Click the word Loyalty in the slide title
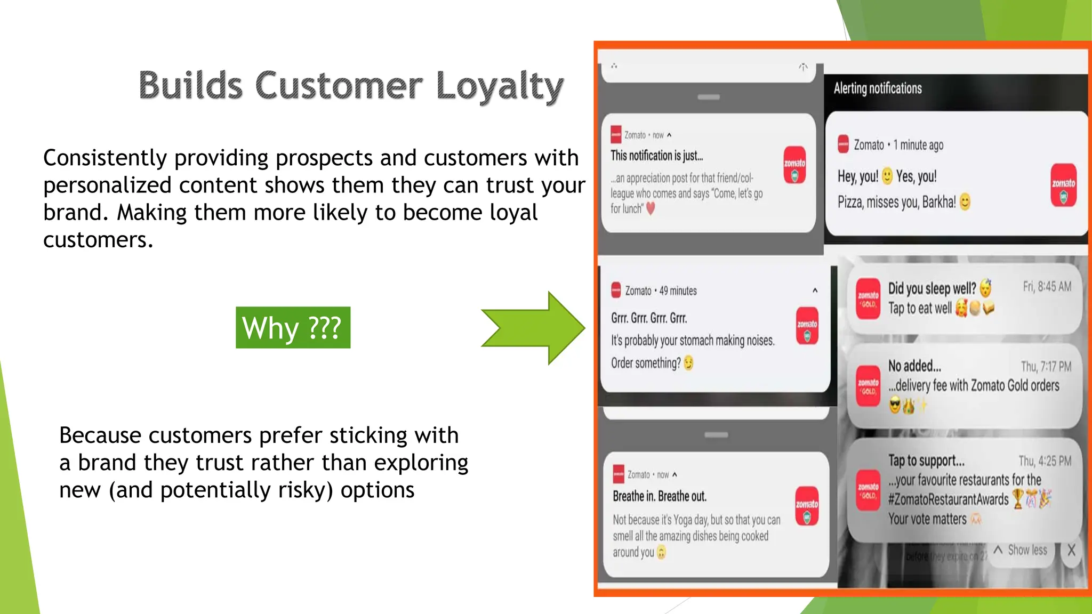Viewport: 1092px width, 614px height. click(500, 86)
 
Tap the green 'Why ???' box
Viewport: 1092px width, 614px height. click(293, 327)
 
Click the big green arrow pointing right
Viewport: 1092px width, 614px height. click(533, 328)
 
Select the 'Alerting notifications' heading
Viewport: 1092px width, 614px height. click(878, 88)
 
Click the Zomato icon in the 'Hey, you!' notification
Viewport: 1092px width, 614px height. click(1063, 184)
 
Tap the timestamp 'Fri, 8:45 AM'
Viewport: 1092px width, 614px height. click(1047, 287)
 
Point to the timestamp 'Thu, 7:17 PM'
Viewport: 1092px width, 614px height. click(1046, 367)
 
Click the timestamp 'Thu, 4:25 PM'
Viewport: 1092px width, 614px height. click(1045, 461)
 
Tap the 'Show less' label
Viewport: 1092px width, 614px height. click(1027, 550)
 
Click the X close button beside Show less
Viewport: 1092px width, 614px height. click(1071, 550)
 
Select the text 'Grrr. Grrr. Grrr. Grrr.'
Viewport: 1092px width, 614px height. click(649, 318)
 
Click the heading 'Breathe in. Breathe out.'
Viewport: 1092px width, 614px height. click(660, 496)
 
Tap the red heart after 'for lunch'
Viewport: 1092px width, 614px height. click(651, 209)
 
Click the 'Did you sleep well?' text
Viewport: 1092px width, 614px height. click(932, 289)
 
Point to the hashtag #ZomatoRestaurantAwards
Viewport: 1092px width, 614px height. click(948, 499)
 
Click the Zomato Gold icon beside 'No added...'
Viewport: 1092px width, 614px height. click(868, 386)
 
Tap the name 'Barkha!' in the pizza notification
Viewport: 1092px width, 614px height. click(939, 203)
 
